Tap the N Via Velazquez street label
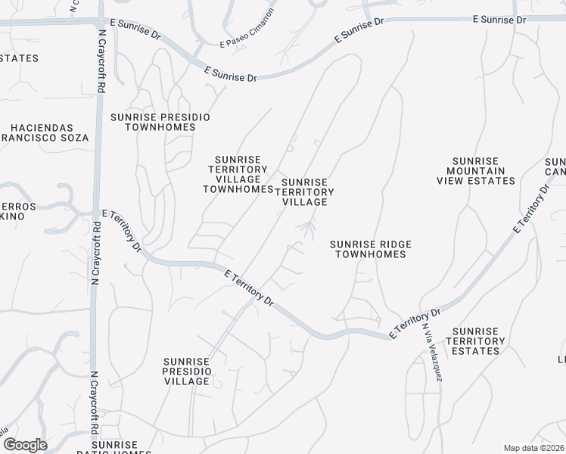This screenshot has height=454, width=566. click(x=432, y=353)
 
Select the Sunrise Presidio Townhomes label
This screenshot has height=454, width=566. click(x=160, y=123)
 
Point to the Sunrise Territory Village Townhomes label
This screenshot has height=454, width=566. click(x=238, y=175)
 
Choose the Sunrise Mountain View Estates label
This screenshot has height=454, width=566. click(x=476, y=171)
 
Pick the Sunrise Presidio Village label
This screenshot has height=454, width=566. click(x=186, y=372)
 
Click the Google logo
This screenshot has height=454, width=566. click(x=24, y=445)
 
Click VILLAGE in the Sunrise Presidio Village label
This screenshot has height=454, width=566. click(x=186, y=381)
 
